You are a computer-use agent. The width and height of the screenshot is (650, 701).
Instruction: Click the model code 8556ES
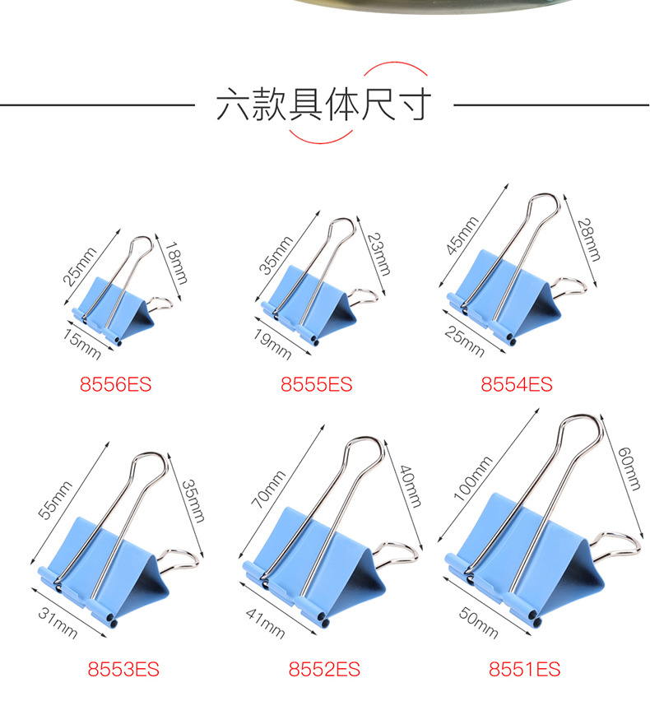pyautogui.click(x=115, y=384)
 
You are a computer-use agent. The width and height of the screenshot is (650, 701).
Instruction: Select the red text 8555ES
pyautogui.click(x=316, y=384)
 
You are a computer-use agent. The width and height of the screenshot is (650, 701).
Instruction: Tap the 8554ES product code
pyautogui.click(x=517, y=384)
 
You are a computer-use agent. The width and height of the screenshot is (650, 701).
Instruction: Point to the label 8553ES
pyautogui.click(x=123, y=669)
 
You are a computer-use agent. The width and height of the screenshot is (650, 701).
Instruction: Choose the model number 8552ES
pyautogui.click(x=324, y=669)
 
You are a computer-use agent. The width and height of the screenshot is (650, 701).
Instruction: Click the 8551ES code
pyautogui.click(x=524, y=669)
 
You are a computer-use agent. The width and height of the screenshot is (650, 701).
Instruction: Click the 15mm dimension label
pyautogui.click(x=81, y=345)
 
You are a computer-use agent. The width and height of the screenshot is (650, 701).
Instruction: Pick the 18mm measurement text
pyautogui.click(x=176, y=263)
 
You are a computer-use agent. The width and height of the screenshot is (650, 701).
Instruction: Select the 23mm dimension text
pyautogui.click(x=379, y=254)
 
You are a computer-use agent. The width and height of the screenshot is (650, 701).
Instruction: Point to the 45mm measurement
pyautogui.click(x=462, y=235)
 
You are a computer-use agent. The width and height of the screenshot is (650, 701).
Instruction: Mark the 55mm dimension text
pyautogui.click(x=55, y=500)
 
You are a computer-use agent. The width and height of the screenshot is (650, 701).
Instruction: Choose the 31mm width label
pyautogui.click(x=58, y=623)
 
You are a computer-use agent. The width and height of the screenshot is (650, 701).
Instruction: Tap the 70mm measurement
pyautogui.click(x=268, y=490)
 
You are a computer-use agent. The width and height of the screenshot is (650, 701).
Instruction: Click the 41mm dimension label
pyautogui.click(x=265, y=624)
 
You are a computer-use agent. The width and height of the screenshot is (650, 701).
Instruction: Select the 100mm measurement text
pyautogui.click(x=473, y=478)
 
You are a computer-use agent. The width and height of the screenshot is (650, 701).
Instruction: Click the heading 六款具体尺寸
pyautogui.click(x=324, y=104)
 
